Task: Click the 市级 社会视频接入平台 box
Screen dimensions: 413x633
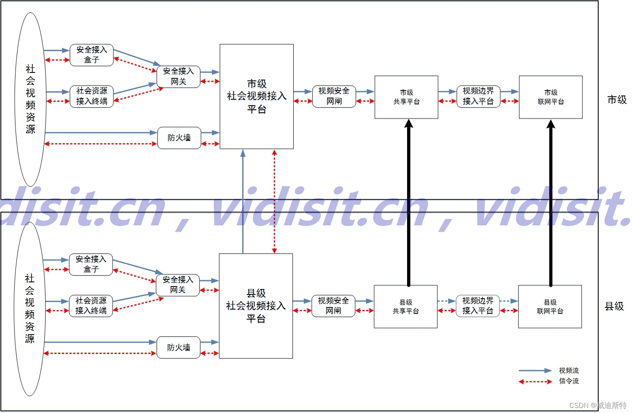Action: [256, 96]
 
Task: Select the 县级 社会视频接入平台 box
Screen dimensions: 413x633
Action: [256, 306]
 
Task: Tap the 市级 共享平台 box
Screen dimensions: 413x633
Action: [406, 97]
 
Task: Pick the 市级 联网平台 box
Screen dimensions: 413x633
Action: [551, 97]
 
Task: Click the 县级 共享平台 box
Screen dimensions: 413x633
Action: [405, 307]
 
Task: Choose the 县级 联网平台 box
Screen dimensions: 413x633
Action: [550, 307]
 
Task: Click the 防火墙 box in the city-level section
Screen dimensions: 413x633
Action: [179, 138]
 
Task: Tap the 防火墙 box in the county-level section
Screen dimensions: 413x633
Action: [179, 347]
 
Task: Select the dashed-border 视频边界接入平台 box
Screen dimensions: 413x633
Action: [478, 306]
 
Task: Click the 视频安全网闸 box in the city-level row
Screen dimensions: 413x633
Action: [334, 96]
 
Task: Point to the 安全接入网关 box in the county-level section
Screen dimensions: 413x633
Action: [178, 285]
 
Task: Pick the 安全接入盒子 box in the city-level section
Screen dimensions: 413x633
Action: [92, 55]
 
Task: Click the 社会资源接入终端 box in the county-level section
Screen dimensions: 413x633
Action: [91, 306]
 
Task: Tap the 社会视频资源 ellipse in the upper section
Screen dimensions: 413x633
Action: [30, 99]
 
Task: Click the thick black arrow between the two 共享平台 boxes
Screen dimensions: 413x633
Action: [409, 201]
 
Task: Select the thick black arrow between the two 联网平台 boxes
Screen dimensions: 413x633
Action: [551, 201]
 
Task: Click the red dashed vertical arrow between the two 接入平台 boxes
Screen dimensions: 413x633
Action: [274, 201]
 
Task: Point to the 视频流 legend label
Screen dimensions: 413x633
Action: [569, 371]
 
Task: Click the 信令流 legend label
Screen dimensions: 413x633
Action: [569, 381]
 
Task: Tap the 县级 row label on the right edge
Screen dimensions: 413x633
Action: [614, 306]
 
